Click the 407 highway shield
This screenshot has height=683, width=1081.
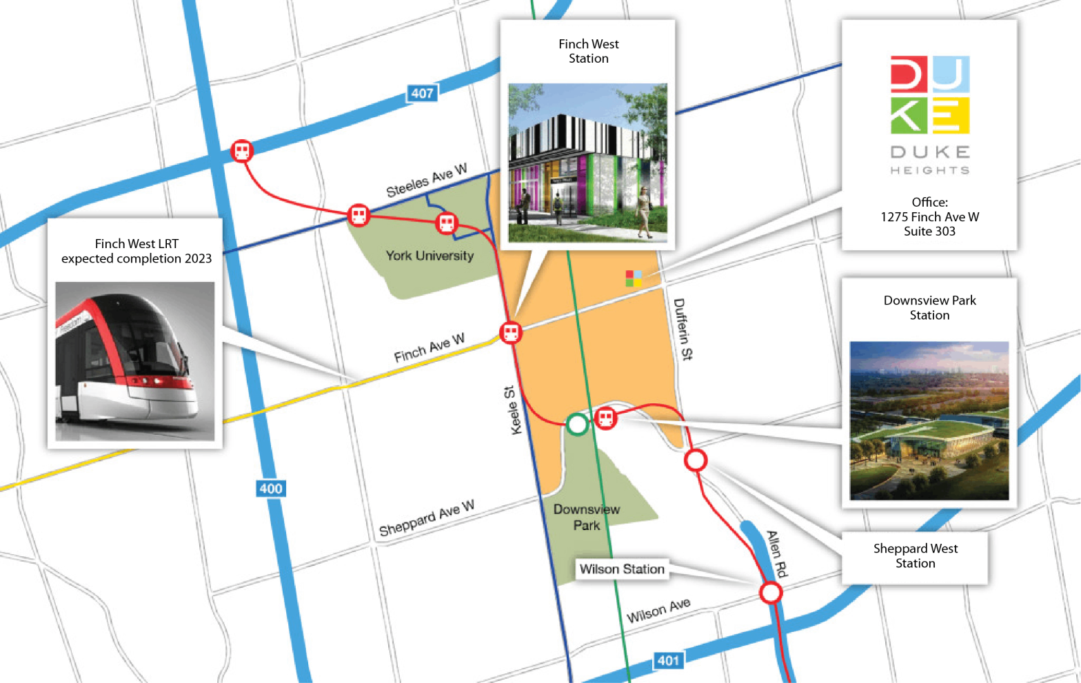(x=422, y=93)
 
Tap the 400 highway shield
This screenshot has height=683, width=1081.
(x=270, y=489)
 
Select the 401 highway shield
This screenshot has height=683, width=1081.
(x=667, y=660)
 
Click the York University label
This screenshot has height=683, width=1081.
(x=430, y=256)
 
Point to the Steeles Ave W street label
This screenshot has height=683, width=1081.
(x=426, y=181)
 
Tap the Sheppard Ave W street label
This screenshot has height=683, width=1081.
(x=426, y=518)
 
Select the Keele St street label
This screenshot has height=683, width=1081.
(x=513, y=410)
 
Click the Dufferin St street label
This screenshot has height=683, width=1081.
(x=683, y=329)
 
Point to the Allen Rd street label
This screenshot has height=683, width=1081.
(x=777, y=553)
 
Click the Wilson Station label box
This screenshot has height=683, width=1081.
(x=622, y=569)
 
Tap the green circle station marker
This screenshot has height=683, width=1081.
(x=577, y=425)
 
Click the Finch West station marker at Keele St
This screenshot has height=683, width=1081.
(x=511, y=333)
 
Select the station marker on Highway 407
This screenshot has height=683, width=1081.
(x=241, y=151)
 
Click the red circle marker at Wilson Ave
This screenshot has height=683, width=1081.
(x=771, y=592)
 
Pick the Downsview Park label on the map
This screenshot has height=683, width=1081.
(x=586, y=517)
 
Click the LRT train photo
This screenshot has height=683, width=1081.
(x=135, y=361)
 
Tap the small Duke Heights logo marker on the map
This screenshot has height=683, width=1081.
(x=634, y=278)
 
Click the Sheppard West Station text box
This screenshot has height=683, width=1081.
(x=915, y=555)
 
